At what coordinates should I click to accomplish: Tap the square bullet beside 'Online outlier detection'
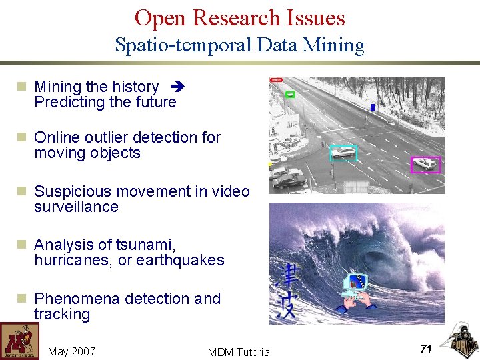pyautogui.click(x=21, y=137)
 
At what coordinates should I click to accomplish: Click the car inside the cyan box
pyautogui.click(x=344, y=153)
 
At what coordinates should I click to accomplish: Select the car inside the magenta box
pyautogui.click(x=425, y=164)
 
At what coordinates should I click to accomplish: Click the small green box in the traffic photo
pyautogui.click(x=289, y=94)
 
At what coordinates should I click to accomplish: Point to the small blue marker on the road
pyautogui.click(x=372, y=107)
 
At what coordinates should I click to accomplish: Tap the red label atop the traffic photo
pyautogui.click(x=275, y=79)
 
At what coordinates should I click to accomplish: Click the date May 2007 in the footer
pyautogui.click(x=72, y=351)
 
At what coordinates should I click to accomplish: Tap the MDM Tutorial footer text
pyautogui.click(x=239, y=352)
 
